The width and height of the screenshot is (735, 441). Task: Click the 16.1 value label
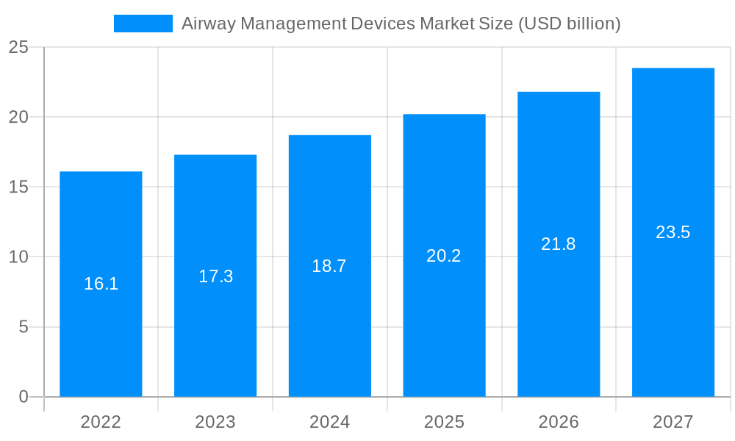click(x=101, y=284)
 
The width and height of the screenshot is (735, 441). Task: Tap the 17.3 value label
click(x=215, y=276)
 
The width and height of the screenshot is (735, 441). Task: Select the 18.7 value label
click(x=329, y=266)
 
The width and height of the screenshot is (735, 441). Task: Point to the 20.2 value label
click(x=444, y=256)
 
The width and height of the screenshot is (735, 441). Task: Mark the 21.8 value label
click(x=559, y=244)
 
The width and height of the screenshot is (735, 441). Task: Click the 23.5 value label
click(x=673, y=232)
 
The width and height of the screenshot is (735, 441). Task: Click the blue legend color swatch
click(x=143, y=24)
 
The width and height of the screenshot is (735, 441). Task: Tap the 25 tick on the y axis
click(x=18, y=48)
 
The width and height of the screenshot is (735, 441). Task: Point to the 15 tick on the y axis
click(x=18, y=187)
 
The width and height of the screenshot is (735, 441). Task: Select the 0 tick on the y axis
click(x=24, y=397)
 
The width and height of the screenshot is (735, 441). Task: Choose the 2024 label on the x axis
click(x=329, y=422)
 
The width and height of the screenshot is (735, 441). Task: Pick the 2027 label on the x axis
click(x=673, y=422)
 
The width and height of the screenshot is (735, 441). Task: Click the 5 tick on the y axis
click(x=24, y=327)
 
